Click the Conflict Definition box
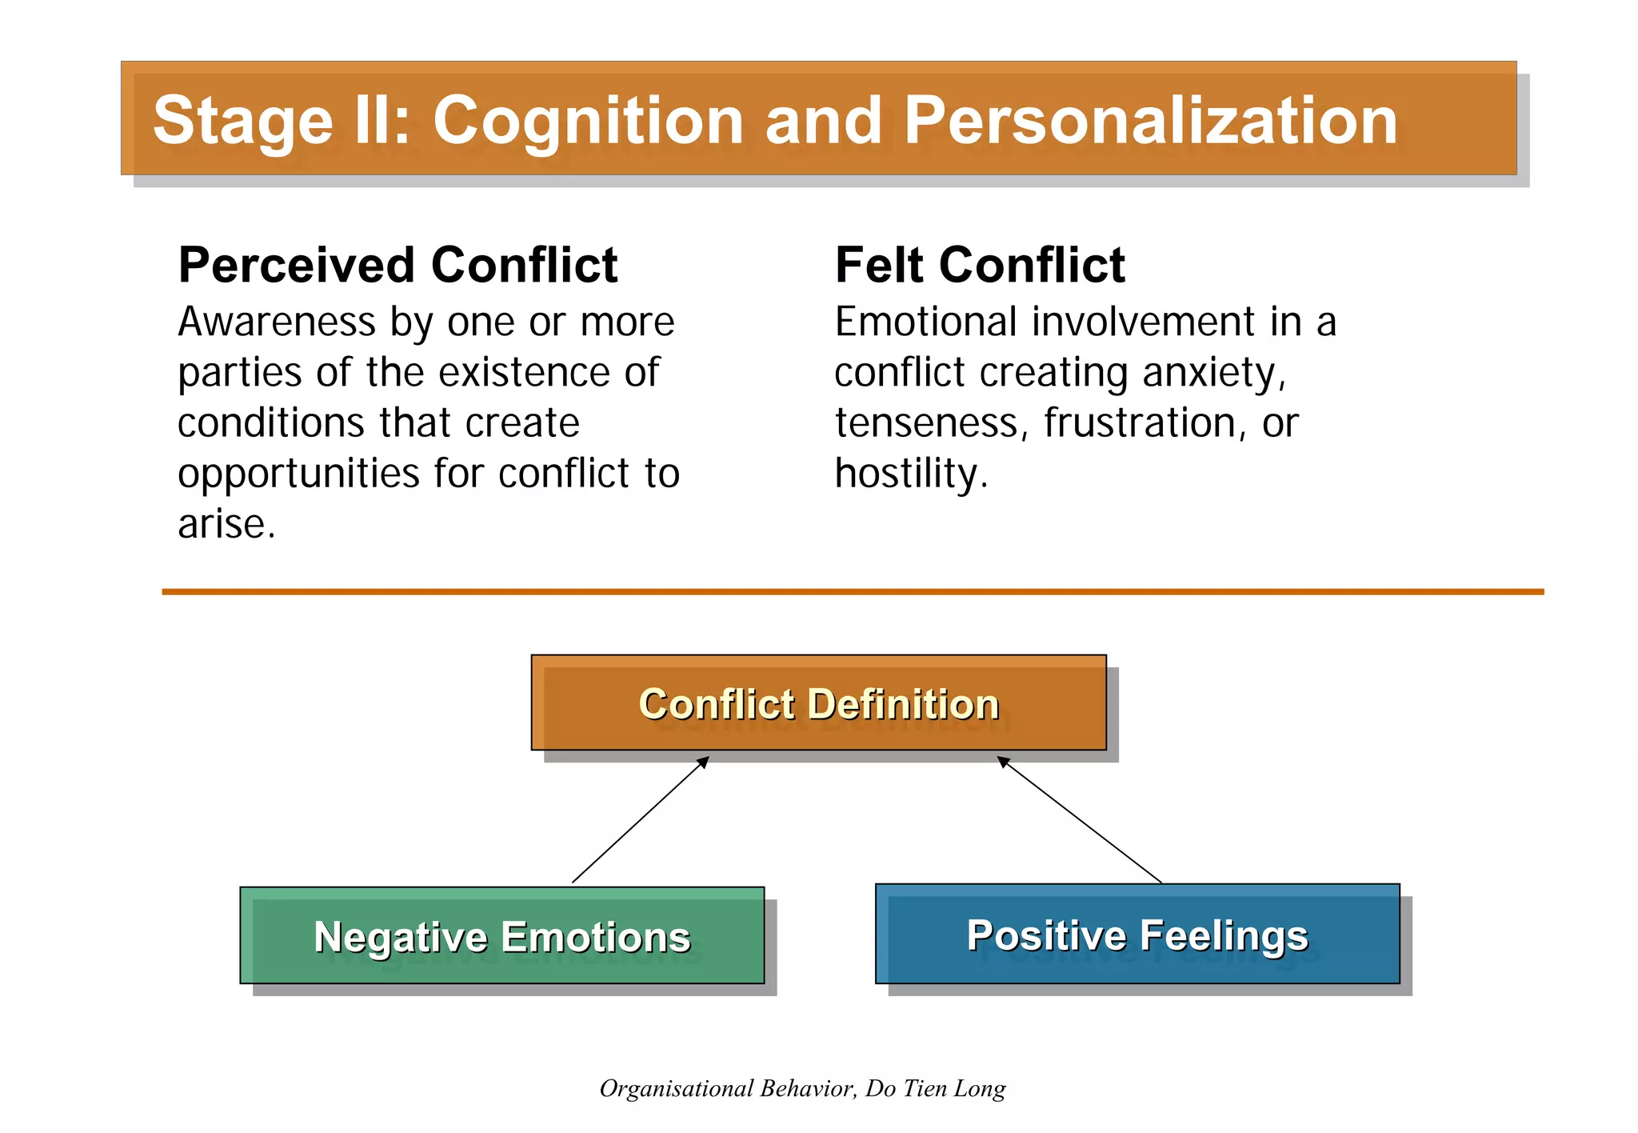point(818,703)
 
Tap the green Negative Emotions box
point(501,935)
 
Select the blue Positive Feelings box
point(1137,934)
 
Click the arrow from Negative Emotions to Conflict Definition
point(640,820)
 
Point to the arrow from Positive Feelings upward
point(1080,820)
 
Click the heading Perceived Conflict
point(398,265)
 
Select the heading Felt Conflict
point(980,265)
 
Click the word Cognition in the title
point(588,122)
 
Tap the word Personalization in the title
point(1150,122)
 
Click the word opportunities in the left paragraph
point(298,474)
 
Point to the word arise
point(226,525)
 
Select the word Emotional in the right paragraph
point(927,322)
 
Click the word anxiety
point(1213,374)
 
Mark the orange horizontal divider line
point(852,591)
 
